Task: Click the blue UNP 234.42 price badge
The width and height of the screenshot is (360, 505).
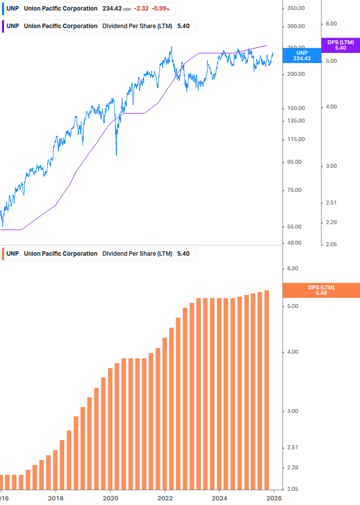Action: (302, 55)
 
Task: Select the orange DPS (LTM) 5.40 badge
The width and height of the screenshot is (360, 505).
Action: (321, 290)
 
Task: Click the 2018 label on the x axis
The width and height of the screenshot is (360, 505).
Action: (56, 498)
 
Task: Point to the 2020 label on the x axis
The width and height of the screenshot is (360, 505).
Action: (110, 498)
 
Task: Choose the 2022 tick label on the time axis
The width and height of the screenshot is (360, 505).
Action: (165, 498)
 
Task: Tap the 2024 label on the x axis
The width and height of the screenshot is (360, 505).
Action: (219, 498)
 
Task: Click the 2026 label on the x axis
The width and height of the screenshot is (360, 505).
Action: (274, 498)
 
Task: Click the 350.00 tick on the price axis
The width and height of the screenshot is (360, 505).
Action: (296, 9)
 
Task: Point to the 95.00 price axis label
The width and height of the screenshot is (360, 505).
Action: (295, 162)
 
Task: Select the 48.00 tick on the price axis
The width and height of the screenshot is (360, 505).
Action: (295, 243)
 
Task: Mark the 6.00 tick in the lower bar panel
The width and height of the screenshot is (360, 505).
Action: (292, 269)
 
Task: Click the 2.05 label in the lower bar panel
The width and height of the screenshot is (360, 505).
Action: (292, 489)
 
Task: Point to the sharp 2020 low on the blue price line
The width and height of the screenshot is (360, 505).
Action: (116, 154)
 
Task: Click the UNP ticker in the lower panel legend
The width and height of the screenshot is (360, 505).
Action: (13, 254)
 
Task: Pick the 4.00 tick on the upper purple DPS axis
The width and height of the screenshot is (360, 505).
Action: (332, 107)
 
